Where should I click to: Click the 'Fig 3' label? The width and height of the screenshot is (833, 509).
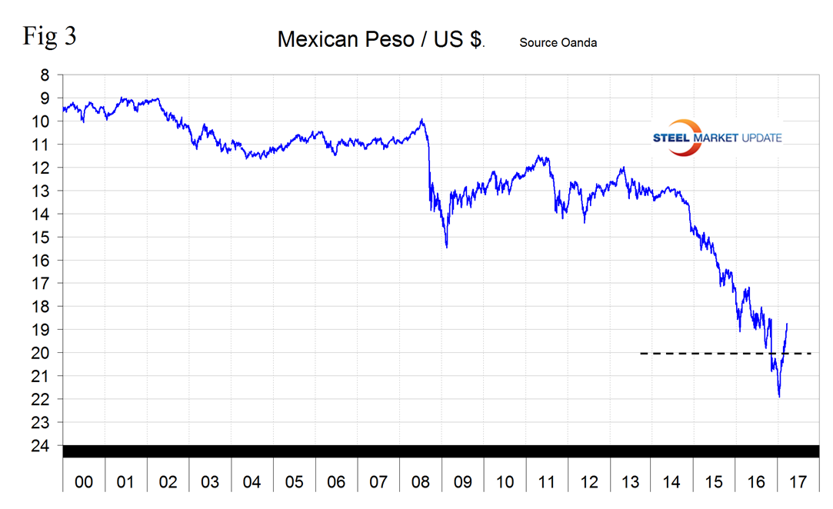tap(49, 36)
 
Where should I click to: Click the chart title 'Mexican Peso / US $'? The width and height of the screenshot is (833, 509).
tap(381, 40)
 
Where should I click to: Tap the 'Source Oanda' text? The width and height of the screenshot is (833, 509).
tap(558, 42)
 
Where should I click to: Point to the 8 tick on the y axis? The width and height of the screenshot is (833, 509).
tap(45, 75)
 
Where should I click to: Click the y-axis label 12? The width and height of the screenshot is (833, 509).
tap(42, 168)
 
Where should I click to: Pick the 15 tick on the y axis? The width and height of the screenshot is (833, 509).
tap(42, 237)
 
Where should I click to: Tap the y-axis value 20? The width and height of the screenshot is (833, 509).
tap(42, 353)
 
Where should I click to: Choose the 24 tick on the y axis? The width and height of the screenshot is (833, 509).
tap(42, 446)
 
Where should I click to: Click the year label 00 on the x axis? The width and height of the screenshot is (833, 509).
tap(83, 483)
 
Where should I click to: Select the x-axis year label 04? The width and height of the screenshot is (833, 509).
tap(252, 483)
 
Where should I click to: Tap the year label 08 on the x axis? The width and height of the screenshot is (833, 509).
tap(420, 483)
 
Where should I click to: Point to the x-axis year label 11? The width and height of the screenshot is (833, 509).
tap(546, 483)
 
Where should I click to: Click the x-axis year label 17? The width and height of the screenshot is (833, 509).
tap(798, 483)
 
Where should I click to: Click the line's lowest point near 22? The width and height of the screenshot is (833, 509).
tap(779, 397)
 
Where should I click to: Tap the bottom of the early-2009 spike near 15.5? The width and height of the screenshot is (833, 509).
tap(447, 247)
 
